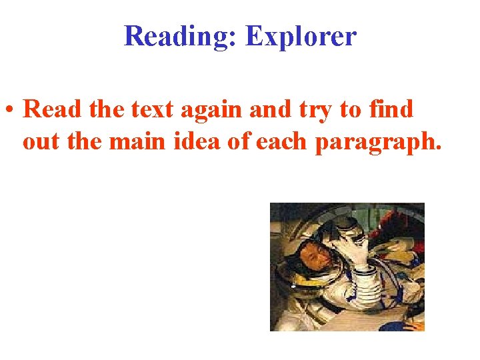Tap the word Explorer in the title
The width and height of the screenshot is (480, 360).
point(301,36)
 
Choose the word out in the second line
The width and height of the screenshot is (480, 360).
point(41,142)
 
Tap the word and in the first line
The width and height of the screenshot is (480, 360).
point(267,109)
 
